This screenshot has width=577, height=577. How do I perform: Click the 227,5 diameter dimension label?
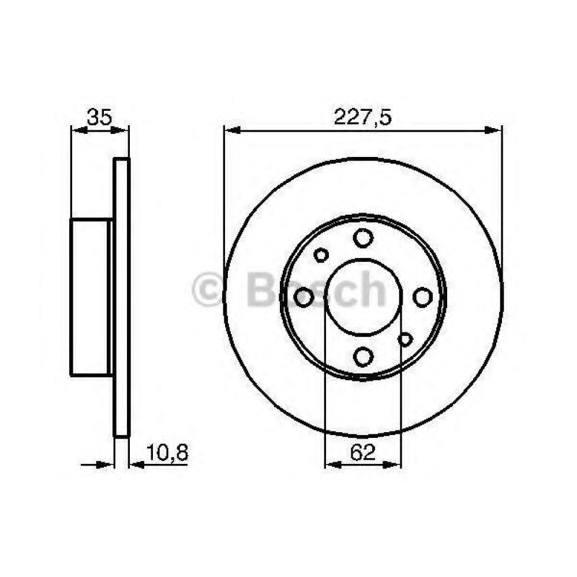click(362, 117)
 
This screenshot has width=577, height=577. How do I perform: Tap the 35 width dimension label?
click(99, 117)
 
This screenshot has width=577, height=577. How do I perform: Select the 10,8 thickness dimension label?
click(167, 452)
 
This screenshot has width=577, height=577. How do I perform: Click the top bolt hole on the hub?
click(363, 238)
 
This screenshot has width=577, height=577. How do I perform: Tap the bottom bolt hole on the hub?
click(363, 356)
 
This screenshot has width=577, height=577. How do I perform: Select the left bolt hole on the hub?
click(304, 297)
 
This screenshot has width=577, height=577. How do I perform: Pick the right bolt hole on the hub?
click(422, 297)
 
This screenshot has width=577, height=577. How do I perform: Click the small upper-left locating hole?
click(321, 255)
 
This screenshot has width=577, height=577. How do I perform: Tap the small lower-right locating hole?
click(405, 339)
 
